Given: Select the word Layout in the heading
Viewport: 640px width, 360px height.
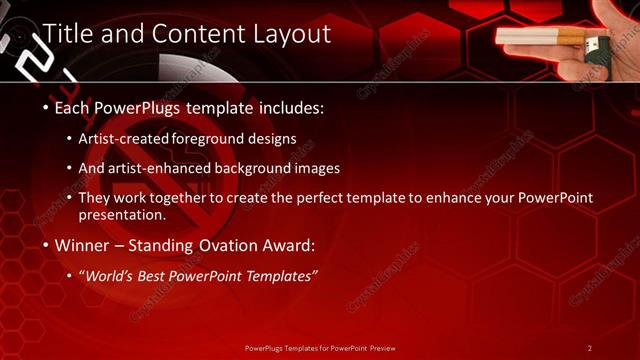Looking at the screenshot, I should [292, 34].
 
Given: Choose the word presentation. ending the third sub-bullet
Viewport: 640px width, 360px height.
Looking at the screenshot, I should [122, 214].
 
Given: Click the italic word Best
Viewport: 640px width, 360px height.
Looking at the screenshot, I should [163, 275].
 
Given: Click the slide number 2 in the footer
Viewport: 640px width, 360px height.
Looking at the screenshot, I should [589, 348].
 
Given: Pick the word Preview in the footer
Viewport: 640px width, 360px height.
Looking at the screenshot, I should [379, 348].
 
